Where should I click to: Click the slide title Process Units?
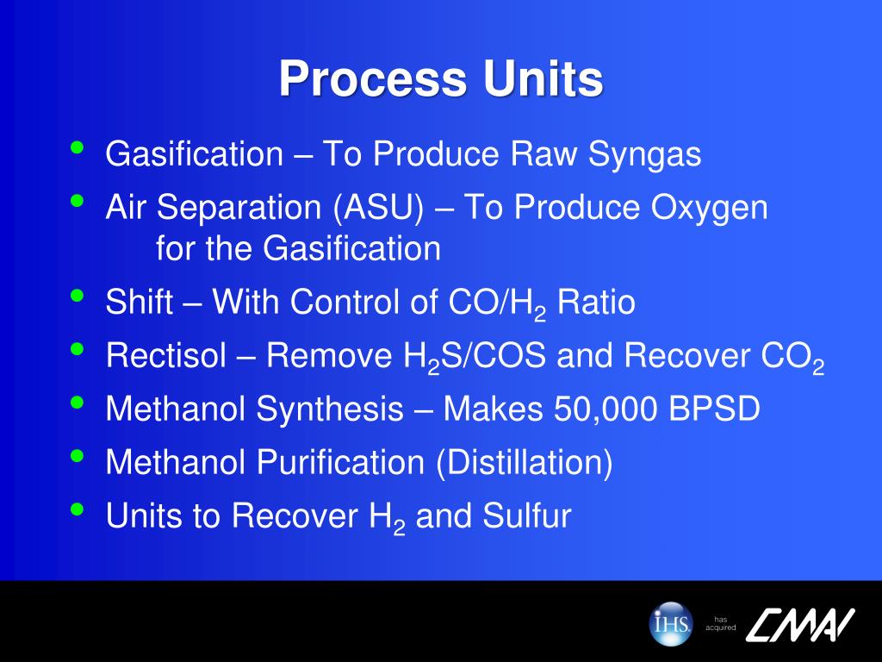click(440, 79)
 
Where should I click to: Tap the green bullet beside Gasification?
click(78, 147)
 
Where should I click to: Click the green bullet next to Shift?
click(78, 296)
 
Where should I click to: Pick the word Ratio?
click(596, 303)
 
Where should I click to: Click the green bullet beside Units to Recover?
click(78, 509)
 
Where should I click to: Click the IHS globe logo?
click(670, 622)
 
